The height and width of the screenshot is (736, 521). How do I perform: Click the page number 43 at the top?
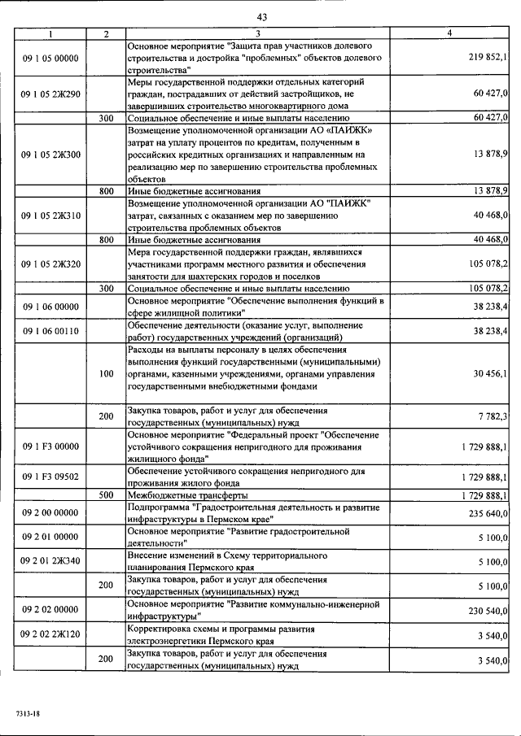tap(261, 16)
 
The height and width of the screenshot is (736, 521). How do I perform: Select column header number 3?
tap(257, 33)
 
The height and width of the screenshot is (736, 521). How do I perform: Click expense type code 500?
tap(106, 494)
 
